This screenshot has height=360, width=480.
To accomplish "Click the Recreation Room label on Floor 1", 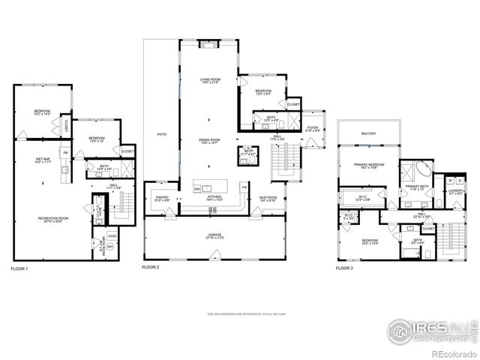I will (x=49, y=219).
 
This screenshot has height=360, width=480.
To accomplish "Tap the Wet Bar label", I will (x=42, y=160).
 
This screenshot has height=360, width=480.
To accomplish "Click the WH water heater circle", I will (x=110, y=245).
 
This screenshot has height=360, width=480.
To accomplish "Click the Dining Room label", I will (x=209, y=141).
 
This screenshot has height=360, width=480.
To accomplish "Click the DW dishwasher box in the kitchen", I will (x=197, y=189).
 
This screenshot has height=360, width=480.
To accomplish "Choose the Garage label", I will (x=214, y=236).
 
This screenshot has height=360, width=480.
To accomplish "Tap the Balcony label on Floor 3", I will (x=368, y=133).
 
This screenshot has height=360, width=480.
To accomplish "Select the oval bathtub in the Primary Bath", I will (x=415, y=168).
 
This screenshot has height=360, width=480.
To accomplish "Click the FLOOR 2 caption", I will (x=153, y=267).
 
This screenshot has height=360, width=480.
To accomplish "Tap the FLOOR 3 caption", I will (x=344, y=268).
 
